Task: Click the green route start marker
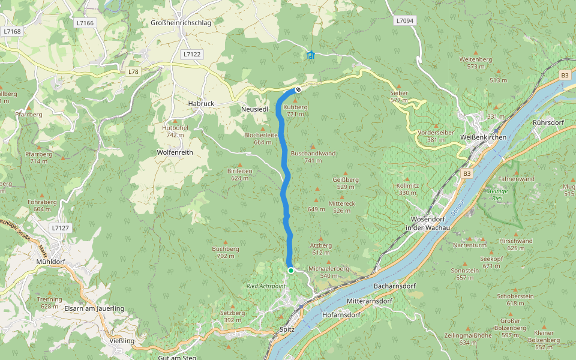tap(291, 271)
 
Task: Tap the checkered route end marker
tap(298, 91)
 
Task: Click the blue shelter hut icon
tap(310, 56)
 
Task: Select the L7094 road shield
tap(404, 20)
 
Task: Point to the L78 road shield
tap(133, 71)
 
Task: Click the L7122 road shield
tap(192, 54)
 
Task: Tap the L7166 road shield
tap(85, 23)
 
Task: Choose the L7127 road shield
tap(61, 228)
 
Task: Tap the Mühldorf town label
tap(50, 263)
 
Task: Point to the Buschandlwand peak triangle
tap(313, 146)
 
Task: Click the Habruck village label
tap(200, 103)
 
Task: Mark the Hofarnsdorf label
tap(340, 314)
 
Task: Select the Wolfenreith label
tap(175, 152)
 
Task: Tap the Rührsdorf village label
tap(549, 122)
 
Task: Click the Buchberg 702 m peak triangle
tap(226, 241)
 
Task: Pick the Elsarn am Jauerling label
tap(94, 308)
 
